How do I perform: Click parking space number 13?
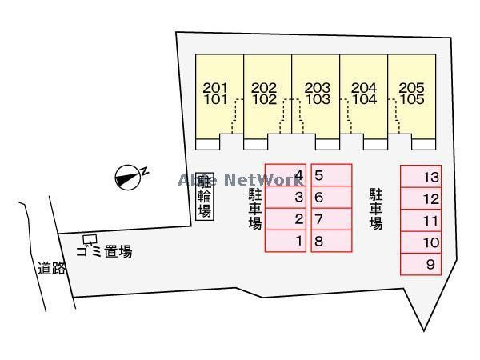point(421,177)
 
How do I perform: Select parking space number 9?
point(421,265)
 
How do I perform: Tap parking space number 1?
point(286,241)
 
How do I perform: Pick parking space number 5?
point(332,175)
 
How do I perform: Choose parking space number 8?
point(332,241)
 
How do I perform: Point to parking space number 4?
point(286,175)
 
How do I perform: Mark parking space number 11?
point(421,221)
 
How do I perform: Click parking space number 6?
point(332,197)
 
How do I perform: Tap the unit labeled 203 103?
point(316,96)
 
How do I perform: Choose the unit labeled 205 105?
point(413,96)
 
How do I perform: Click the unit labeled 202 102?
point(267,96)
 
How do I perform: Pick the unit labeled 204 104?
point(365,96)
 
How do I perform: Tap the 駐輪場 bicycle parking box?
point(204,195)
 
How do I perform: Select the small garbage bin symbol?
point(90,239)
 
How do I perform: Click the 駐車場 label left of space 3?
point(255,209)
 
